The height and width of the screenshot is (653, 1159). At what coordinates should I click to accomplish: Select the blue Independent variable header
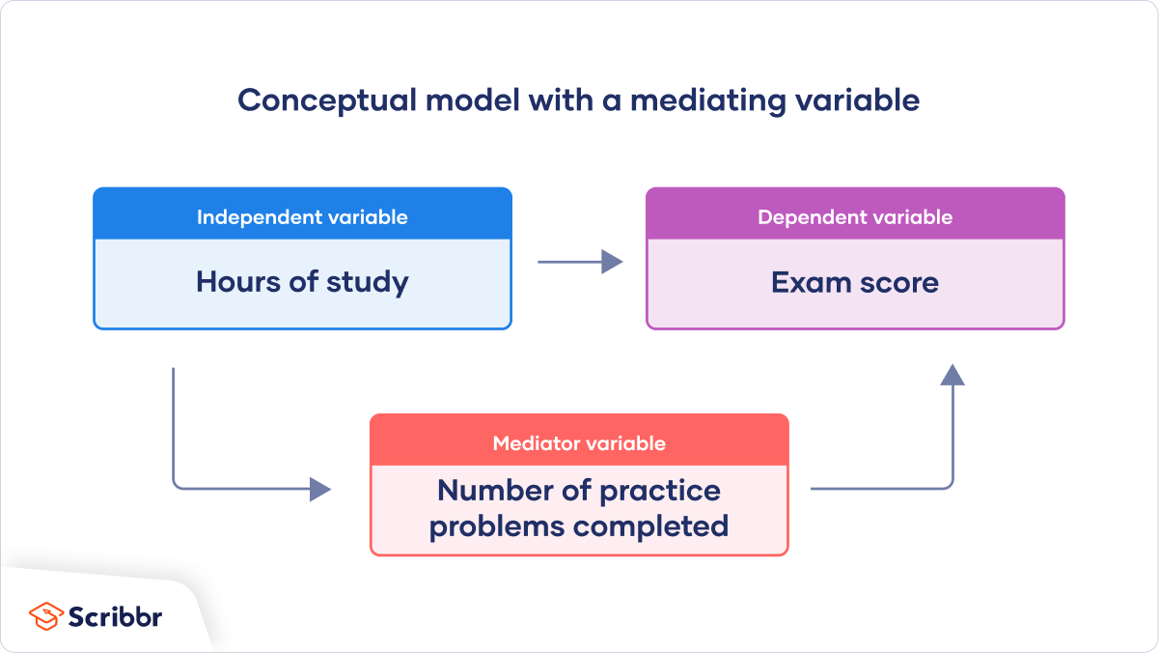click(302, 217)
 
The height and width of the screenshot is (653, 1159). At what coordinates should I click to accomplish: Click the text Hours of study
click(302, 282)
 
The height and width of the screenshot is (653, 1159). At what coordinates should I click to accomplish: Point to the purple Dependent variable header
click(855, 217)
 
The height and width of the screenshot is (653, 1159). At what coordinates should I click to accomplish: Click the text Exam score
click(855, 282)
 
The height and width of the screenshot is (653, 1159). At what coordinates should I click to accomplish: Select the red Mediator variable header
click(579, 443)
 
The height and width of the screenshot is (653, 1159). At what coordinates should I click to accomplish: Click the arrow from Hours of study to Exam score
click(579, 261)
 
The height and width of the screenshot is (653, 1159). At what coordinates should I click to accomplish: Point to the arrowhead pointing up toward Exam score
click(952, 375)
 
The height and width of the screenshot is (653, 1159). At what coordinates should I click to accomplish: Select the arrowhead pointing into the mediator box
click(320, 490)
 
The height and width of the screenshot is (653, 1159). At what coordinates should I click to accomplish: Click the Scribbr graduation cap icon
click(44, 615)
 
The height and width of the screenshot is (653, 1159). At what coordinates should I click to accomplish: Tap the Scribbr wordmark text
click(115, 616)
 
